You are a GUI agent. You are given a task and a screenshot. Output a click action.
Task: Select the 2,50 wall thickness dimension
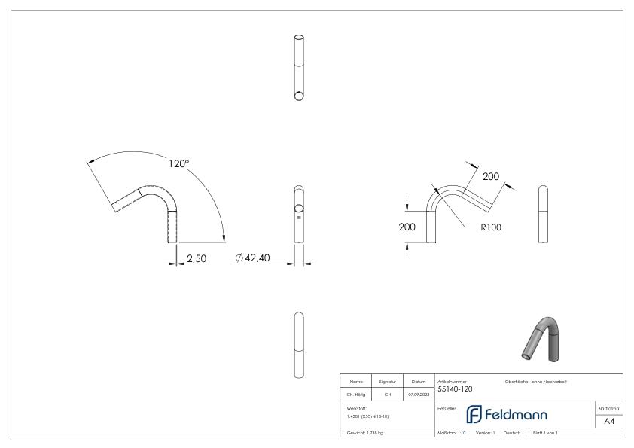click(x=197, y=258)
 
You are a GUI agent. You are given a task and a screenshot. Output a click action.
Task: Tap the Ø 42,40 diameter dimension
click(x=253, y=258)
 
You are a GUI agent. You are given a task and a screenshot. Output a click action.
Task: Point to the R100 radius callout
click(x=490, y=226)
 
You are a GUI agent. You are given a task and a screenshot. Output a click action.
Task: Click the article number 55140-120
click(x=456, y=389)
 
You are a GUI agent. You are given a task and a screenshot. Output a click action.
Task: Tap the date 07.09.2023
click(x=418, y=394)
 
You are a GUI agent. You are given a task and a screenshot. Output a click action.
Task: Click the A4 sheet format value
click(x=611, y=421)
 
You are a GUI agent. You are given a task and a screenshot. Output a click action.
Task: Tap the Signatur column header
click(x=388, y=382)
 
